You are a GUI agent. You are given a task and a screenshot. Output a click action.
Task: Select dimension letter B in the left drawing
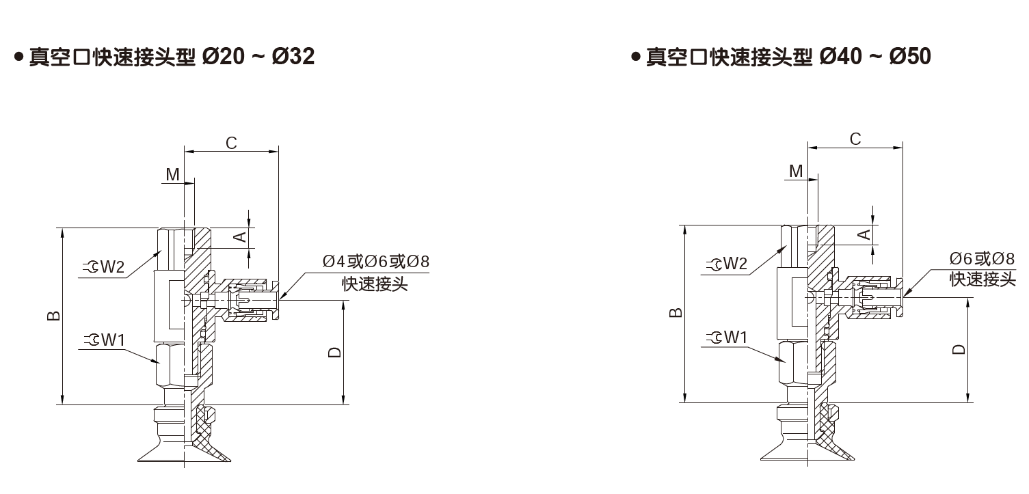tap(54, 316)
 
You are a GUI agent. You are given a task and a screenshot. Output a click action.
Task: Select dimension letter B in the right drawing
tap(675, 313)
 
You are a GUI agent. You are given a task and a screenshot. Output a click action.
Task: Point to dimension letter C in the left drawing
tap(231, 143)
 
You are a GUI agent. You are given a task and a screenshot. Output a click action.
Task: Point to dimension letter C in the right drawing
tap(855, 139)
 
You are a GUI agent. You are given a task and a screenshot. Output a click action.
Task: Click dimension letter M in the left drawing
tap(173, 175)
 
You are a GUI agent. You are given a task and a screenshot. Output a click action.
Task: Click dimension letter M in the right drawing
tap(796, 171)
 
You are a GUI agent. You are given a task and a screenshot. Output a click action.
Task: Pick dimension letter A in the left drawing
tap(239, 236)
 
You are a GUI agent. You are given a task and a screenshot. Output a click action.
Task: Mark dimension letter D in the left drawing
tap(334, 352)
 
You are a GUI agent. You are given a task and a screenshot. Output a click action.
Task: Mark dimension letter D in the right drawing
tap(959, 348)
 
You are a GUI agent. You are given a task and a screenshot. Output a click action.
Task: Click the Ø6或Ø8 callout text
tap(981, 258)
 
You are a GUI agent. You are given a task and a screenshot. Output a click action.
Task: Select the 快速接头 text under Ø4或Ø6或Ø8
tap(375, 284)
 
